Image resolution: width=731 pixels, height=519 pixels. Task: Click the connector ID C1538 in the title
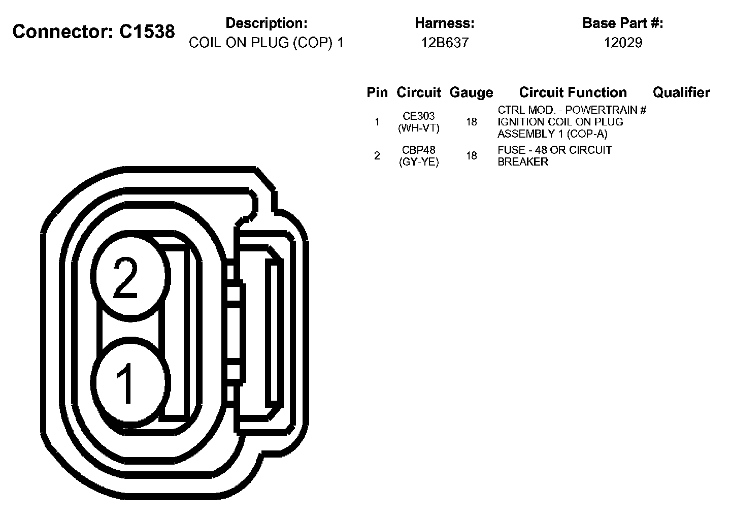pos(147,31)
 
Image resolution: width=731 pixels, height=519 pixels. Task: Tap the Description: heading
pos(267,23)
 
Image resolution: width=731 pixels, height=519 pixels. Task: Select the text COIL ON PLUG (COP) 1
pos(267,43)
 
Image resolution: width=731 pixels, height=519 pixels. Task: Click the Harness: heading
pos(445,23)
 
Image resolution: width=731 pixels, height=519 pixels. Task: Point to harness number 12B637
pos(445,43)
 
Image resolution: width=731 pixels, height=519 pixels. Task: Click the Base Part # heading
pos(623,23)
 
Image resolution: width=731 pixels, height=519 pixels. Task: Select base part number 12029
pos(623,43)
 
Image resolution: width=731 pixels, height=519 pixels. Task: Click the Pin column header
pos(377,92)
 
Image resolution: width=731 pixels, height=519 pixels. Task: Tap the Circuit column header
pos(419,92)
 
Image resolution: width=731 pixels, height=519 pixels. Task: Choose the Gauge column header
pos(471,93)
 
